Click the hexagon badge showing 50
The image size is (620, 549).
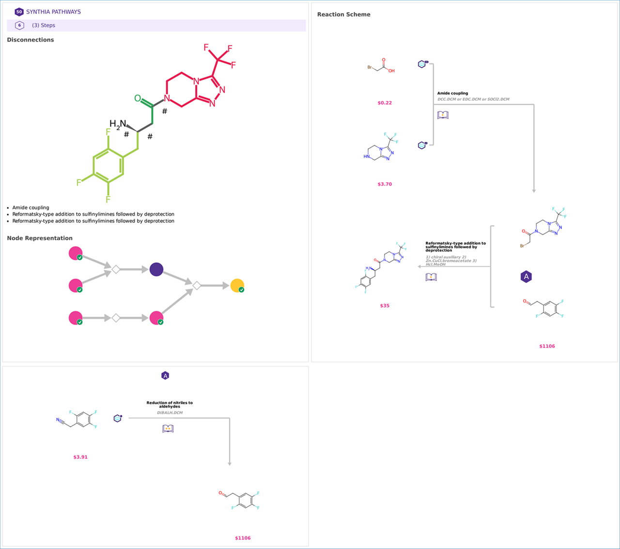[19, 12]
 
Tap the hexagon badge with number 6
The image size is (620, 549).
[19, 25]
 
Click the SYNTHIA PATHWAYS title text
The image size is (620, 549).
[53, 12]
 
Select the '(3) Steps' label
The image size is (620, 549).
[44, 25]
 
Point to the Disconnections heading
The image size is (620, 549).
[31, 40]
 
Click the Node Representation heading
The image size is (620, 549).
[40, 238]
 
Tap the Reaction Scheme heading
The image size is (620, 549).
[343, 15]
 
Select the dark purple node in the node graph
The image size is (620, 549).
[156, 269]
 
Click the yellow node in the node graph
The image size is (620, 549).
[237, 285]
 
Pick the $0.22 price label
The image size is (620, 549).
[385, 103]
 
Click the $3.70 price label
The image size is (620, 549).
[385, 184]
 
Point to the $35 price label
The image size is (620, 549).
[385, 306]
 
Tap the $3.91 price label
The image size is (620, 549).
[80, 457]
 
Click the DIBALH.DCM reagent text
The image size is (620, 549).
[170, 413]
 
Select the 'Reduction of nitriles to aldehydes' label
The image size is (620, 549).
[170, 405]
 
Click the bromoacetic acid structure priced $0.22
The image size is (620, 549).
[381, 66]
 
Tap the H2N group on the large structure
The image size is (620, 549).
[118, 124]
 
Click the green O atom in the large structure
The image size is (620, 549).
[138, 98]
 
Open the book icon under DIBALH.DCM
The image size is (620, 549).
[168, 429]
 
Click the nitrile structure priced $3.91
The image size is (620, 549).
[77, 419]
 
